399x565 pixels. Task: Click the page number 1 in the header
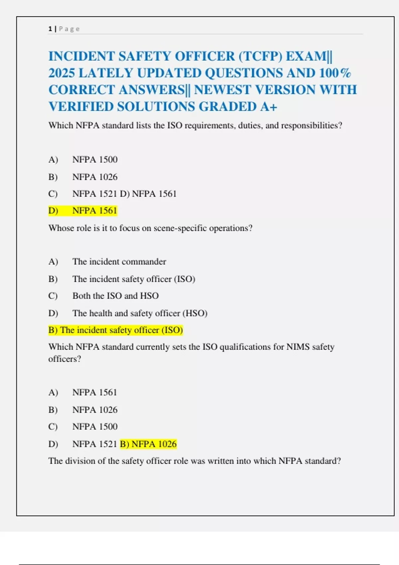point(50,29)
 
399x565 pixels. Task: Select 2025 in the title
point(61,73)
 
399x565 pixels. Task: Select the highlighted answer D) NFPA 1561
point(83,211)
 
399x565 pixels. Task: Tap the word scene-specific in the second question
point(180,228)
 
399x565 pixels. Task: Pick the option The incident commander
point(119,262)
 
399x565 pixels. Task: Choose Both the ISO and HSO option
point(115,296)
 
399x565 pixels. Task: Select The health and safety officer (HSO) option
point(140,313)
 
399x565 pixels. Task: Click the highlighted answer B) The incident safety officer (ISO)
point(116,330)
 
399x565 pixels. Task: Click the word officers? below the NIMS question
point(65,359)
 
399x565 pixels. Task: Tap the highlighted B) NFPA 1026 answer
point(148,444)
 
